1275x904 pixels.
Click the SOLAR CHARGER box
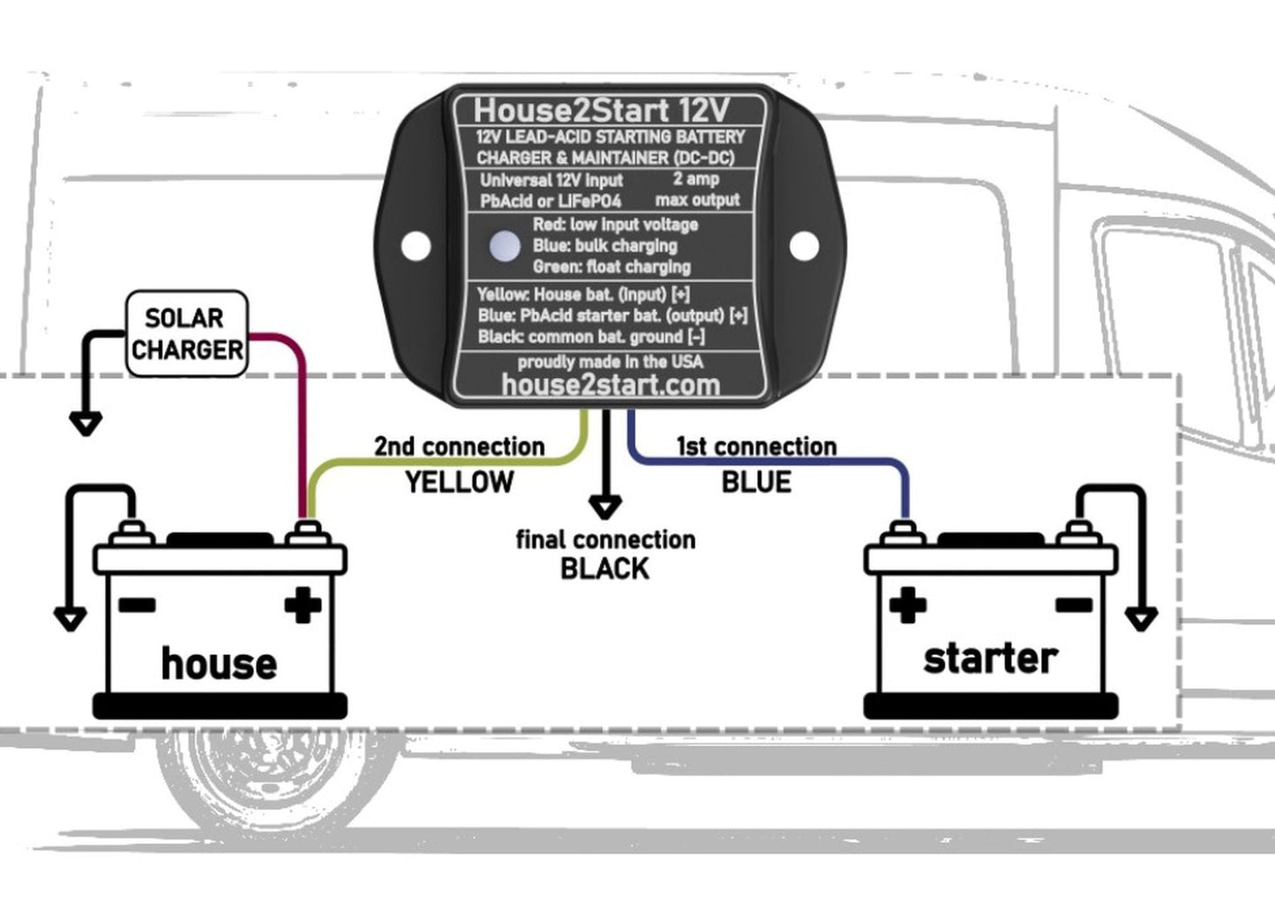186,334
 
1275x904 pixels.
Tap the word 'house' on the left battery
218,663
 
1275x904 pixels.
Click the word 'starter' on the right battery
989,659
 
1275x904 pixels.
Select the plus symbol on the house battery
302,605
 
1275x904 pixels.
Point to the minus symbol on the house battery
137,605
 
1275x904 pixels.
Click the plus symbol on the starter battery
908,605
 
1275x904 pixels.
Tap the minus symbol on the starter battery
1073,605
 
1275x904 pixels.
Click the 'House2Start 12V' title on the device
602,110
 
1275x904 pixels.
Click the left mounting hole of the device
416,246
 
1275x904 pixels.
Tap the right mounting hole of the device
803,246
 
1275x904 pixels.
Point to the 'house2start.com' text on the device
610,385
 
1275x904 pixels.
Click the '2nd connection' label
459,447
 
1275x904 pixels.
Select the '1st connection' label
756,447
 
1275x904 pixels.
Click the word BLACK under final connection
604,569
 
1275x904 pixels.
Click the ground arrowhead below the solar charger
86,425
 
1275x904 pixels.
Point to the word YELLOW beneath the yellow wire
459,482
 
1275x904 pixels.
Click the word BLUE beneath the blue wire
756,482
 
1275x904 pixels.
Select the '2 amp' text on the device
696,178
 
